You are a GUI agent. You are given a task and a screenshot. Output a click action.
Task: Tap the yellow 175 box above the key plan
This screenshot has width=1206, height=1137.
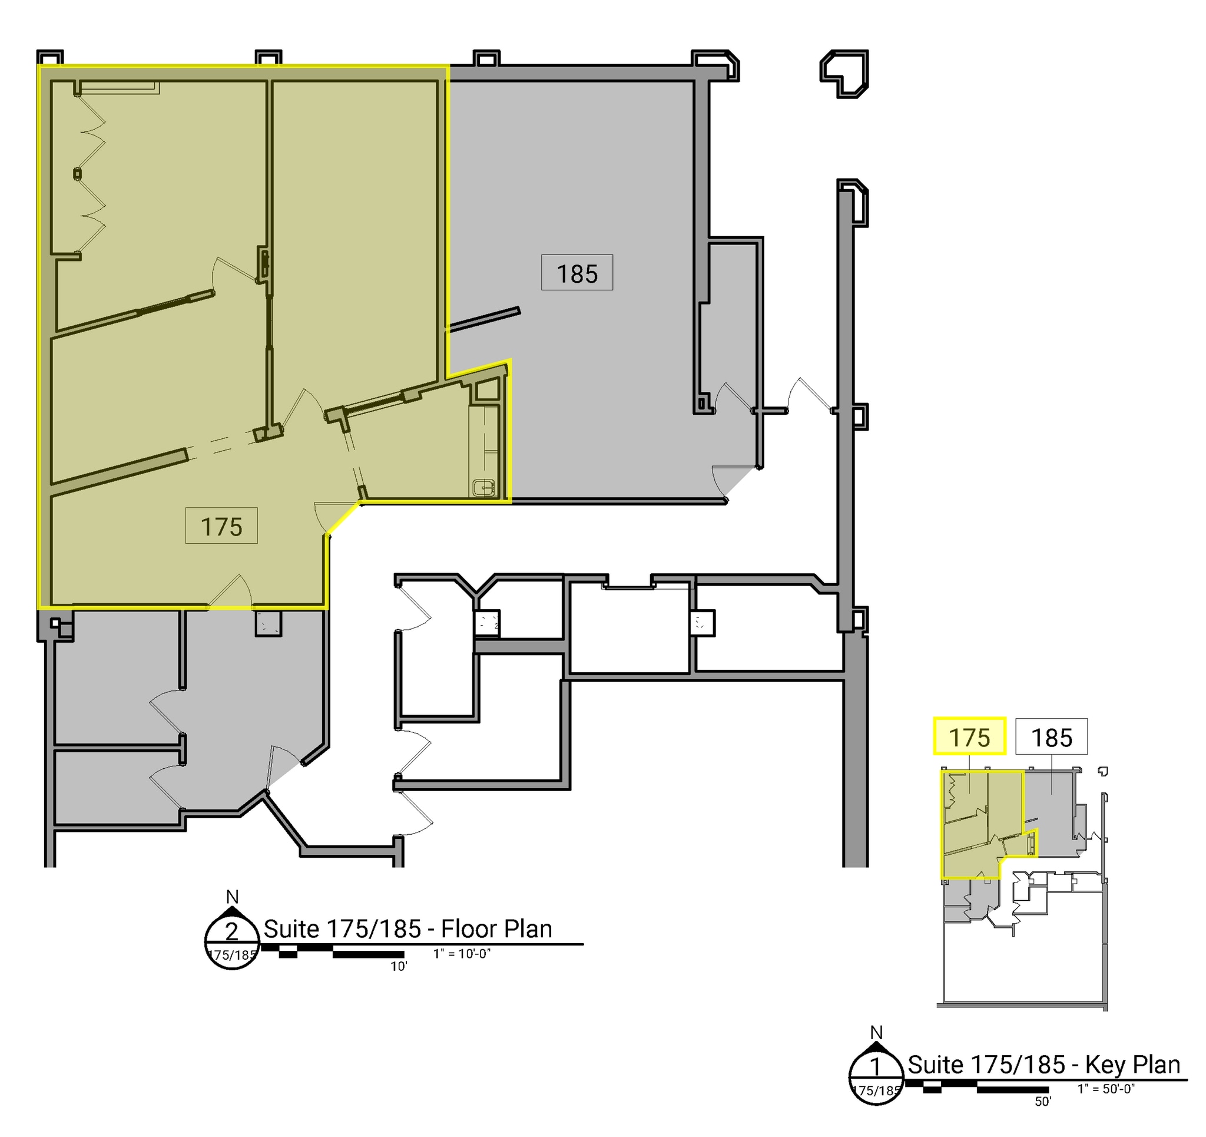pyautogui.click(x=969, y=736)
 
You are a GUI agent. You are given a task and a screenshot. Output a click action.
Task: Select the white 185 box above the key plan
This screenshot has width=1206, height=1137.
pyautogui.click(x=1051, y=736)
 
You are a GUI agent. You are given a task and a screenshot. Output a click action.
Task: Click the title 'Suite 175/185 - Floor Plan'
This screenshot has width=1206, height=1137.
pyautogui.click(x=407, y=929)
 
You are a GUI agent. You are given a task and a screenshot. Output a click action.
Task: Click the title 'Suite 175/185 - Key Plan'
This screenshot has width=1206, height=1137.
pyautogui.click(x=1043, y=1064)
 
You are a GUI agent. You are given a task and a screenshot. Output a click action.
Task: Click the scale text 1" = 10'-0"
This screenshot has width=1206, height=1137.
pyautogui.click(x=462, y=954)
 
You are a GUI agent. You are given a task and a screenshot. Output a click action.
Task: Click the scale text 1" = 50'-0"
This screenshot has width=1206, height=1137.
pyautogui.click(x=1105, y=1089)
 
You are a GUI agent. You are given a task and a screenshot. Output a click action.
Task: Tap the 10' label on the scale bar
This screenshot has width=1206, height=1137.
pyautogui.click(x=399, y=966)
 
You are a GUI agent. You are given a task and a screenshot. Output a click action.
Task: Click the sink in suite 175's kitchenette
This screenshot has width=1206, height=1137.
pyautogui.click(x=483, y=487)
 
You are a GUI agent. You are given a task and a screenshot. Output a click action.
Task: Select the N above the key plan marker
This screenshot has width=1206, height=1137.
pyautogui.click(x=876, y=1033)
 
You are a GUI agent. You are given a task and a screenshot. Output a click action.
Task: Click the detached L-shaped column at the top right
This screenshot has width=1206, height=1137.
pyautogui.click(x=844, y=73)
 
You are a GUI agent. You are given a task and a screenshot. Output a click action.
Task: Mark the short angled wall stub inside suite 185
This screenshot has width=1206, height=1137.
pyautogui.click(x=484, y=319)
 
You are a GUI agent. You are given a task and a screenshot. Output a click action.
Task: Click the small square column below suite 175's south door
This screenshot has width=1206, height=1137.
pyautogui.click(x=267, y=623)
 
